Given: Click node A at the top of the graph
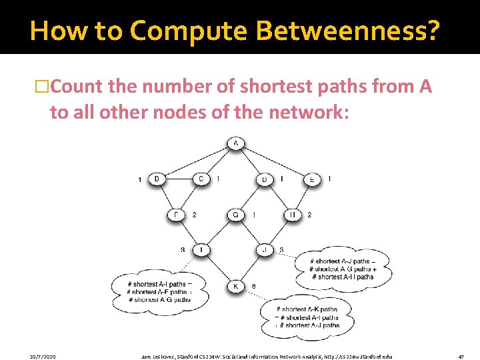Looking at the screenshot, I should pos(235,143).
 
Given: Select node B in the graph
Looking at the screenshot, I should pos(157,179).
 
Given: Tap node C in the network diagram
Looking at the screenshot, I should pos(202,179).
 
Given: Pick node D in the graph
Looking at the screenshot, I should pos(265,179).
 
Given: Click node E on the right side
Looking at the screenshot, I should pos(311,179).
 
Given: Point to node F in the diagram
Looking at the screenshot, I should pos(176,215).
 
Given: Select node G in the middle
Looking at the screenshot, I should pos(235,215).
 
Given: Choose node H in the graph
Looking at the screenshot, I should pos(293,215).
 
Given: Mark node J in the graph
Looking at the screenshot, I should pos(265,250).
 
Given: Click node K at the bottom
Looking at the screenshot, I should pos(235,287).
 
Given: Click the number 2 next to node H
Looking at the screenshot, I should pos(309,215).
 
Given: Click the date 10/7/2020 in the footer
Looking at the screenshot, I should pos(43,357).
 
